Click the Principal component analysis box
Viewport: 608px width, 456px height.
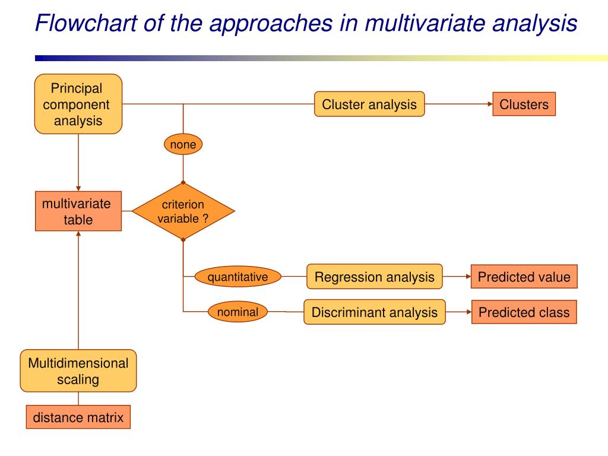[x=78, y=104]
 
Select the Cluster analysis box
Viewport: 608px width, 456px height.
[x=369, y=104]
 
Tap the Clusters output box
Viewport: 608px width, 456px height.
[x=524, y=104]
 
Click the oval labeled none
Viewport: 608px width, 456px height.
[x=183, y=144]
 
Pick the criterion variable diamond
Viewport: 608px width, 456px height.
[x=183, y=211]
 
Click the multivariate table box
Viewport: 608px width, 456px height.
[x=78, y=211]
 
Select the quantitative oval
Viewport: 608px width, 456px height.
[x=237, y=277]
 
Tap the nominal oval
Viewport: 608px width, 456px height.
[x=237, y=312]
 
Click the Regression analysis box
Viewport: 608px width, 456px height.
[x=374, y=277]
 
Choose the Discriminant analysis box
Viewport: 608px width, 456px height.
[x=374, y=312]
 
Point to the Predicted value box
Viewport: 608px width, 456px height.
[x=524, y=277]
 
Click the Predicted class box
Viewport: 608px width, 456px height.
[x=524, y=312]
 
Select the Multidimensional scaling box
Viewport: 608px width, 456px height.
[x=78, y=371]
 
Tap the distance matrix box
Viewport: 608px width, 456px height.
[x=78, y=417]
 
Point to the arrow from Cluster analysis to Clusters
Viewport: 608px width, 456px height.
[x=458, y=104]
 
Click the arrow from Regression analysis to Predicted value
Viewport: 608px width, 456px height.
[x=457, y=277]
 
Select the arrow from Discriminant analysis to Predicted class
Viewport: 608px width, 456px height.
[x=458, y=312]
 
